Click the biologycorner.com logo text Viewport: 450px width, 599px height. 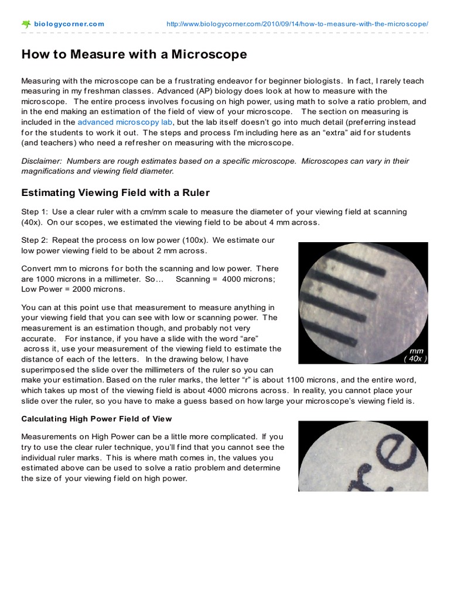pyautogui.click(x=69, y=24)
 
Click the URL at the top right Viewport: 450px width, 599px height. pyautogui.click(x=298, y=24)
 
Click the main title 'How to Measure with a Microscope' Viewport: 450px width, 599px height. pyautogui.click(x=134, y=54)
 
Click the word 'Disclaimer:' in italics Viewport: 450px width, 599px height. pyautogui.click(x=41, y=161)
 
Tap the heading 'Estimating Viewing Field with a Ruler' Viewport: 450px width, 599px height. pyautogui.click(x=115, y=192)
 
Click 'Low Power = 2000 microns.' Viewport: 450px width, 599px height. pyautogui.click(x=73, y=289)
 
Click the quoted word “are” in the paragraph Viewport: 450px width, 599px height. pyautogui.click(x=247, y=339)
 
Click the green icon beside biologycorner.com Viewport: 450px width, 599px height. pyautogui.click(x=26, y=24)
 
